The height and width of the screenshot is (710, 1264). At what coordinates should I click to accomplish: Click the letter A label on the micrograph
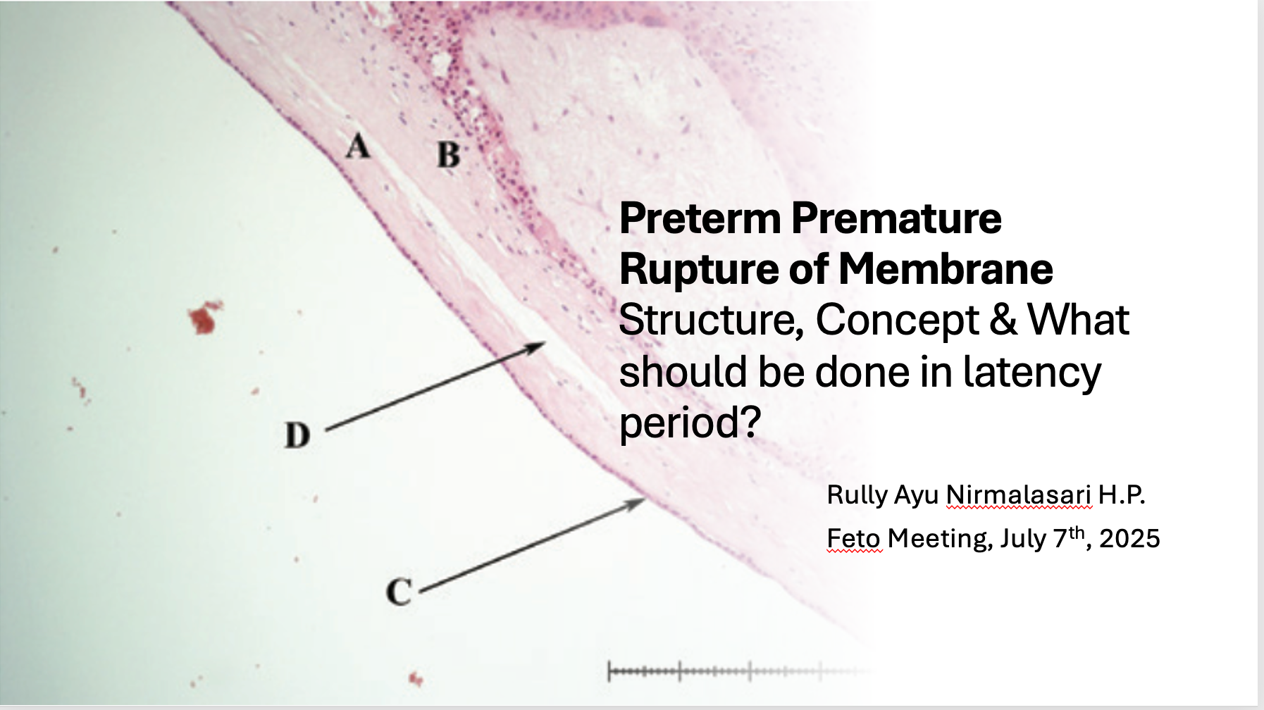(358, 147)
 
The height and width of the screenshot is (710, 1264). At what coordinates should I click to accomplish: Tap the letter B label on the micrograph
(448, 154)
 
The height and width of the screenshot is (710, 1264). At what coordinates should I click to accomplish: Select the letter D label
(297, 435)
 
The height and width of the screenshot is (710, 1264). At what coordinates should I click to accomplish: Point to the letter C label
(399, 591)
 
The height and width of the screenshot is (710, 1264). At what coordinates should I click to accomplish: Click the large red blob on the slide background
(205, 318)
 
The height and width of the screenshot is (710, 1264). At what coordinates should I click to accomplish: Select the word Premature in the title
(896, 218)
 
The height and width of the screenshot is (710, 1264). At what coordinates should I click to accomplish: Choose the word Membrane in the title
(946, 269)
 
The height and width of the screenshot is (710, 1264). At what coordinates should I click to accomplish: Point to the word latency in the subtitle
(1031, 372)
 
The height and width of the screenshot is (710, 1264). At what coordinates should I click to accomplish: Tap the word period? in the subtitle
(690, 423)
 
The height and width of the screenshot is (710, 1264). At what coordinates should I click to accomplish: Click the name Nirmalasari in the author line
(1019, 494)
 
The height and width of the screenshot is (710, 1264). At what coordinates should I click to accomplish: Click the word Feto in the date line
(853, 539)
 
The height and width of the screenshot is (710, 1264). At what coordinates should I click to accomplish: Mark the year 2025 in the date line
(1129, 539)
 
